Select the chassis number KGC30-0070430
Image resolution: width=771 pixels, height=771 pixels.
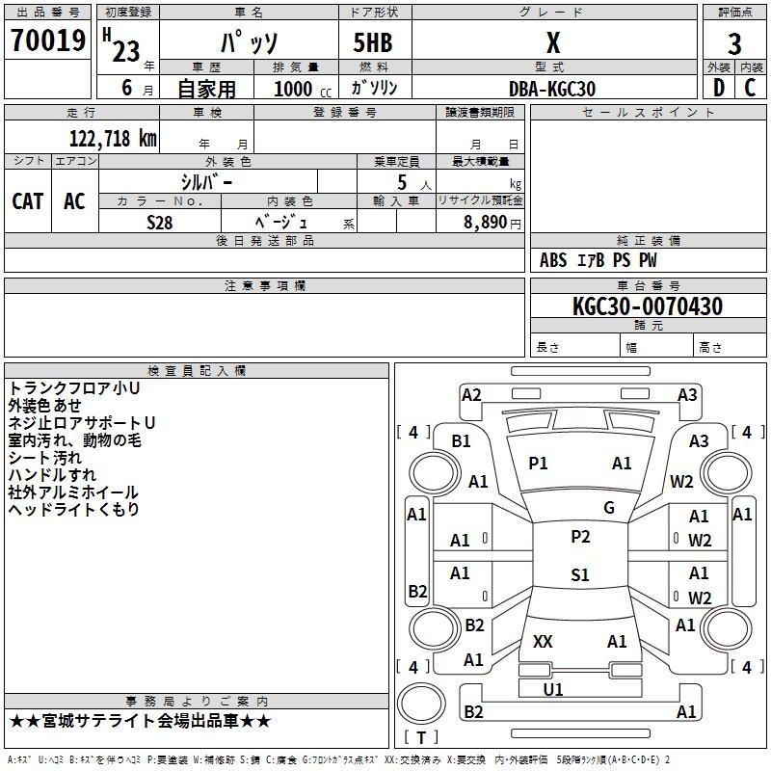point(647,306)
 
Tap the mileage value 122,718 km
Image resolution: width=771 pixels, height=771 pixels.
point(113,139)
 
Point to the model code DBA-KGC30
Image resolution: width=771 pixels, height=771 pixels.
point(552,89)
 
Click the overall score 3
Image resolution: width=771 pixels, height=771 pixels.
point(734,44)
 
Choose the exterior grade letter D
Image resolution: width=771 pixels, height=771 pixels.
point(718,89)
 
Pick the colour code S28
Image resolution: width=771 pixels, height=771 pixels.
point(160,222)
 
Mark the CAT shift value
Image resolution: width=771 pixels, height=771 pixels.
point(27,200)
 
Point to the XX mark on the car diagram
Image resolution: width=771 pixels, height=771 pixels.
point(543,641)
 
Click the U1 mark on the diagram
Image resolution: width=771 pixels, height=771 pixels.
point(553,690)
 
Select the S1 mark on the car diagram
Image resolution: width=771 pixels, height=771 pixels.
point(579,575)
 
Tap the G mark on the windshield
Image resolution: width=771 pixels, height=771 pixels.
point(608,508)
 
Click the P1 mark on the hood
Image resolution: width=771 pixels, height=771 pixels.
point(538,464)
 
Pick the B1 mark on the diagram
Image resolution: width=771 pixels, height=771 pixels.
point(462,440)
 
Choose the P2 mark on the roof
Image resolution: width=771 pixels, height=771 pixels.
point(579,537)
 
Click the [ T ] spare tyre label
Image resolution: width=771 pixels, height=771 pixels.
point(421,737)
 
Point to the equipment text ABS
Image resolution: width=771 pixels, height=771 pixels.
point(553,260)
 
